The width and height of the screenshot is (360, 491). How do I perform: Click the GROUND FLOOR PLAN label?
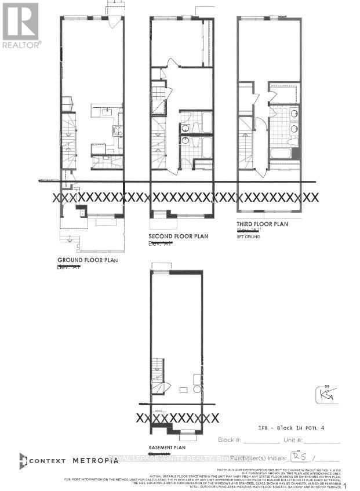[x=87, y=260]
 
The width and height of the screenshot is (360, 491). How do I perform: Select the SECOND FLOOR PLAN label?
[x=178, y=237]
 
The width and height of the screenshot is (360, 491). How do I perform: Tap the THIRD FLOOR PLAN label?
[x=262, y=224]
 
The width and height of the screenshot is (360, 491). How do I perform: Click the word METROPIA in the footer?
[x=96, y=460]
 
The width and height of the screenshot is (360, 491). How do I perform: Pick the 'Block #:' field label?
[x=228, y=440]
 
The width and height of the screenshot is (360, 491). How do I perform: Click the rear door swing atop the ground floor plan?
[x=114, y=22]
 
